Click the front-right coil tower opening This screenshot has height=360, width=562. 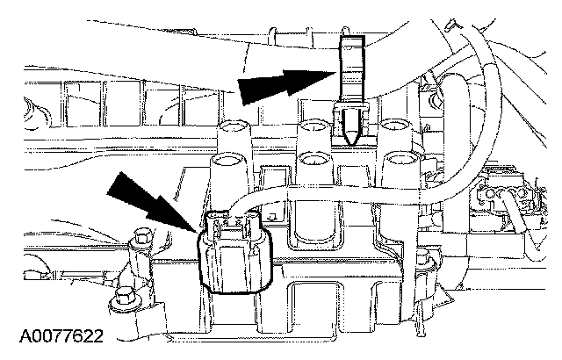(400, 163)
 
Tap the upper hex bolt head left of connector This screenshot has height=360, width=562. (140, 235)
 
